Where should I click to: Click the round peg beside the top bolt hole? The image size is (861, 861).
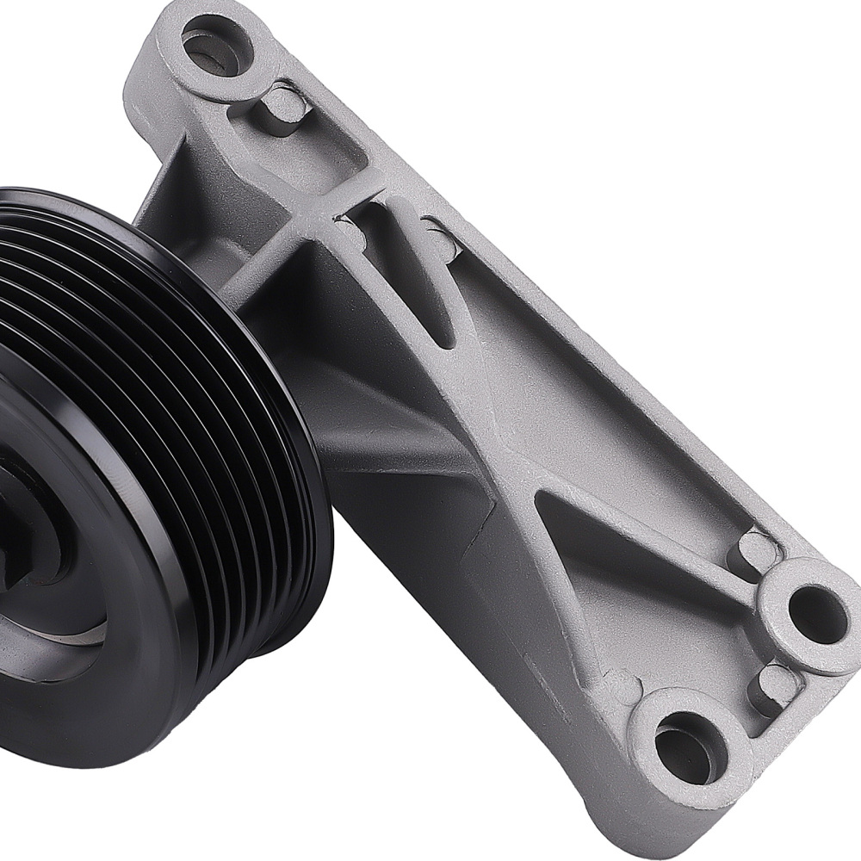click(284, 107)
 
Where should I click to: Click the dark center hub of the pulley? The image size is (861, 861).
click(17, 534)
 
